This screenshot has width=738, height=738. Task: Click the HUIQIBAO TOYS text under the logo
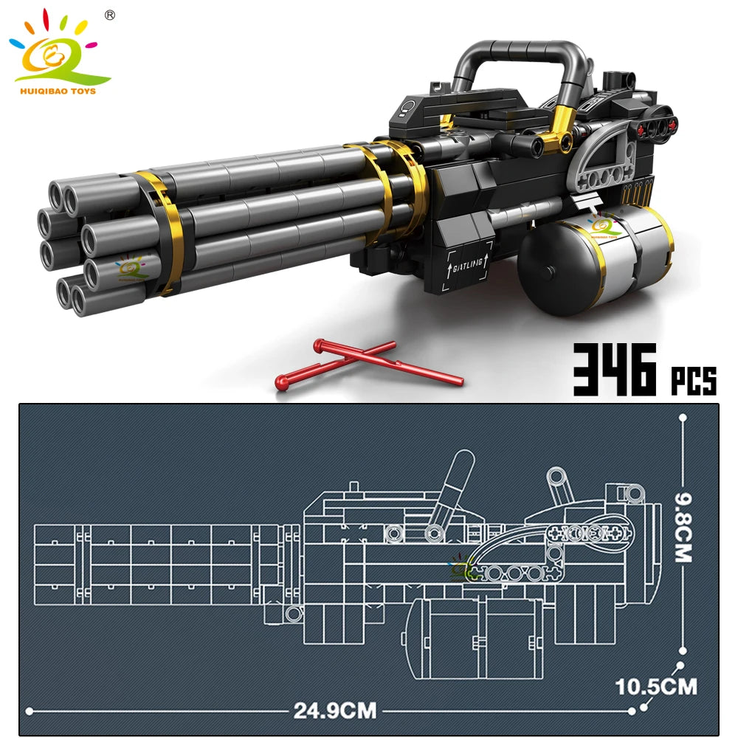click(58, 91)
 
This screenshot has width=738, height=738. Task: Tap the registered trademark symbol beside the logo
click(110, 15)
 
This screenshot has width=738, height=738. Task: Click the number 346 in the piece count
click(615, 370)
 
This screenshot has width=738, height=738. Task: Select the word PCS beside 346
click(693, 380)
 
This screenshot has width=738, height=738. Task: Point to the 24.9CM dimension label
click(335, 710)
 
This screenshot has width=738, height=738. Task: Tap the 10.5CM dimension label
click(656, 686)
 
